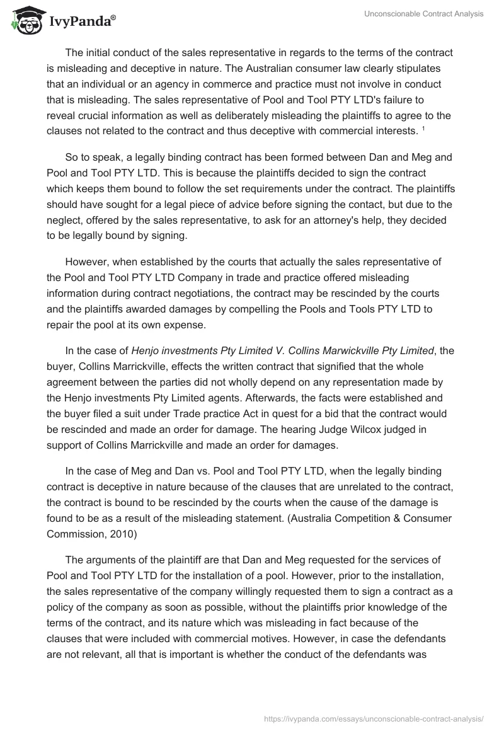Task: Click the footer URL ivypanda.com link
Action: pos(375,718)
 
